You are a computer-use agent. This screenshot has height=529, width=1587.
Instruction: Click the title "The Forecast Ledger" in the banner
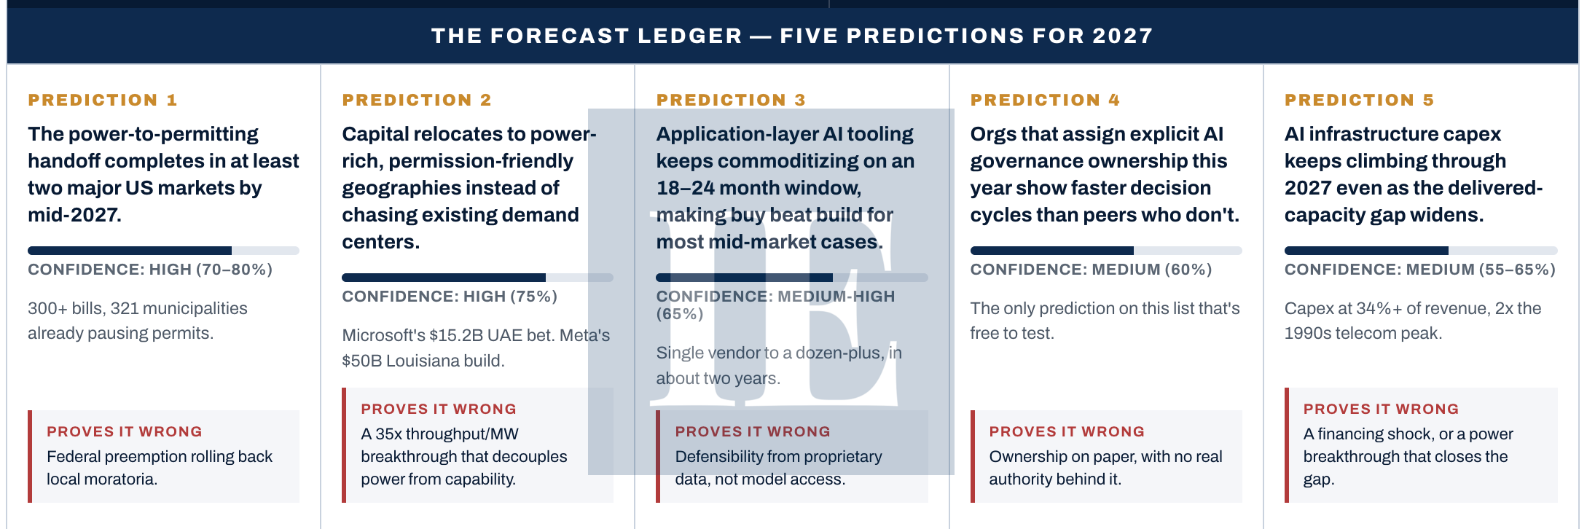tap(587, 36)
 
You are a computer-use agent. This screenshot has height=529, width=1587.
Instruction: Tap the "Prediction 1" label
tap(103, 100)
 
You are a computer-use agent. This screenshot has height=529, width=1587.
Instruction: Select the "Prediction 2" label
tap(417, 100)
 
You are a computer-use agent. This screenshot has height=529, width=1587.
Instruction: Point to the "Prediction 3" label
tap(731, 100)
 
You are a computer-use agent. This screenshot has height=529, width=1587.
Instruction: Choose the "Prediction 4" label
tap(1045, 100)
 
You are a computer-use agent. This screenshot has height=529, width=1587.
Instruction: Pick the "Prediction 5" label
tap(1359, 100)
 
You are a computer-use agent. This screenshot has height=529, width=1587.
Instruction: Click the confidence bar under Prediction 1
tap(163, 251)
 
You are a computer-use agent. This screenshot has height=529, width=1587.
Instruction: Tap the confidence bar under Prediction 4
tap(1106, 251)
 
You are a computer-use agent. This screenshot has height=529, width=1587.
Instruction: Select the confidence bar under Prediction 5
tap(1421, 251)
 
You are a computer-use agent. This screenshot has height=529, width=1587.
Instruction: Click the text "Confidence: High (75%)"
tap(450, 297)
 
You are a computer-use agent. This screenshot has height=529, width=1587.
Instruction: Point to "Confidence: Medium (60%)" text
tap(1091, 270)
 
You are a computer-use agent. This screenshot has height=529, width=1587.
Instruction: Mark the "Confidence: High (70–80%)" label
tap(150, 270)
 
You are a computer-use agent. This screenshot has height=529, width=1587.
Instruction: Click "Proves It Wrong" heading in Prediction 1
tap(125, 431)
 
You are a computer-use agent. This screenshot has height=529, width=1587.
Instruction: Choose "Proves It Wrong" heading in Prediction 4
tap(1067, 431)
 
